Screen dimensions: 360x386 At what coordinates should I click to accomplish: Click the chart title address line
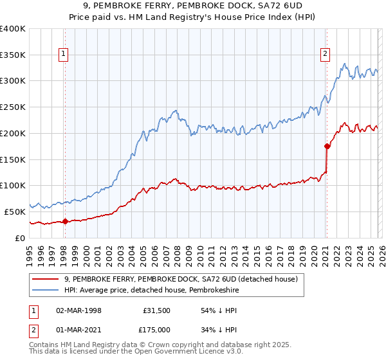(193, 5)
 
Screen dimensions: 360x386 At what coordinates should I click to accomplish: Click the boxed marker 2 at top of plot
(326, 55)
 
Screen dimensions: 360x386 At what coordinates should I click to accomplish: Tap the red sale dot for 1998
(65, 221)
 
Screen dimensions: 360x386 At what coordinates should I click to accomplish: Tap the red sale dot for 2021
(327, 146)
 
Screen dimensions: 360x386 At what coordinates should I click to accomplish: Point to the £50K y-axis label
(15, 211)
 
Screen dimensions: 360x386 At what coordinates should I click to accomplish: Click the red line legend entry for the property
(180, 279)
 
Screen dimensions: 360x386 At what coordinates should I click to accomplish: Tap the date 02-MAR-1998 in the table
(79, 310)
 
